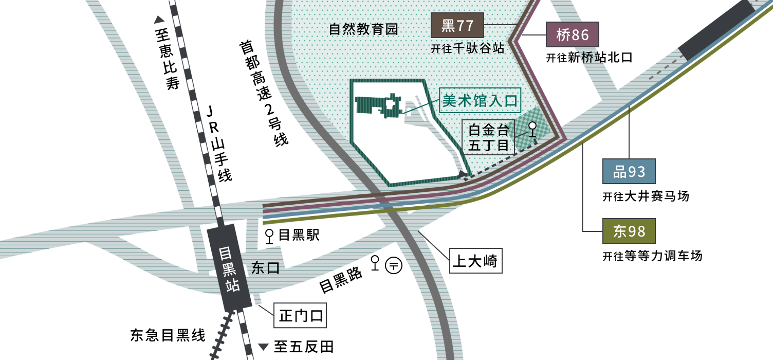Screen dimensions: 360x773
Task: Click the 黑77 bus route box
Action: (457, 25)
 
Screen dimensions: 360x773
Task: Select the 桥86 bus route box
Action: (572, 35)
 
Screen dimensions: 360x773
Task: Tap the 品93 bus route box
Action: (629, 171)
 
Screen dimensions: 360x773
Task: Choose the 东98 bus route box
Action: (629, 231)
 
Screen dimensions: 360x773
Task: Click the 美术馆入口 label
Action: (480, 100)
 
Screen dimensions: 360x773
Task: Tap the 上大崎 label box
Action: (475, 261)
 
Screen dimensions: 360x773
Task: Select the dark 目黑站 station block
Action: (229, 268)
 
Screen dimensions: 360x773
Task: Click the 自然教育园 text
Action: (363, 29)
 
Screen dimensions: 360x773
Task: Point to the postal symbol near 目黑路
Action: (394, 265)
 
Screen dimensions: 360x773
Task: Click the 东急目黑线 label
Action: (168, 335)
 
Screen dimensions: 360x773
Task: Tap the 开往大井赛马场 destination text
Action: (646, 196)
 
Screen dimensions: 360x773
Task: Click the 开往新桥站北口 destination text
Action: (589, 58)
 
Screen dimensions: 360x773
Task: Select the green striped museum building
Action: (379, 106)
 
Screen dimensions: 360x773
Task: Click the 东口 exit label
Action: (265, 268)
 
